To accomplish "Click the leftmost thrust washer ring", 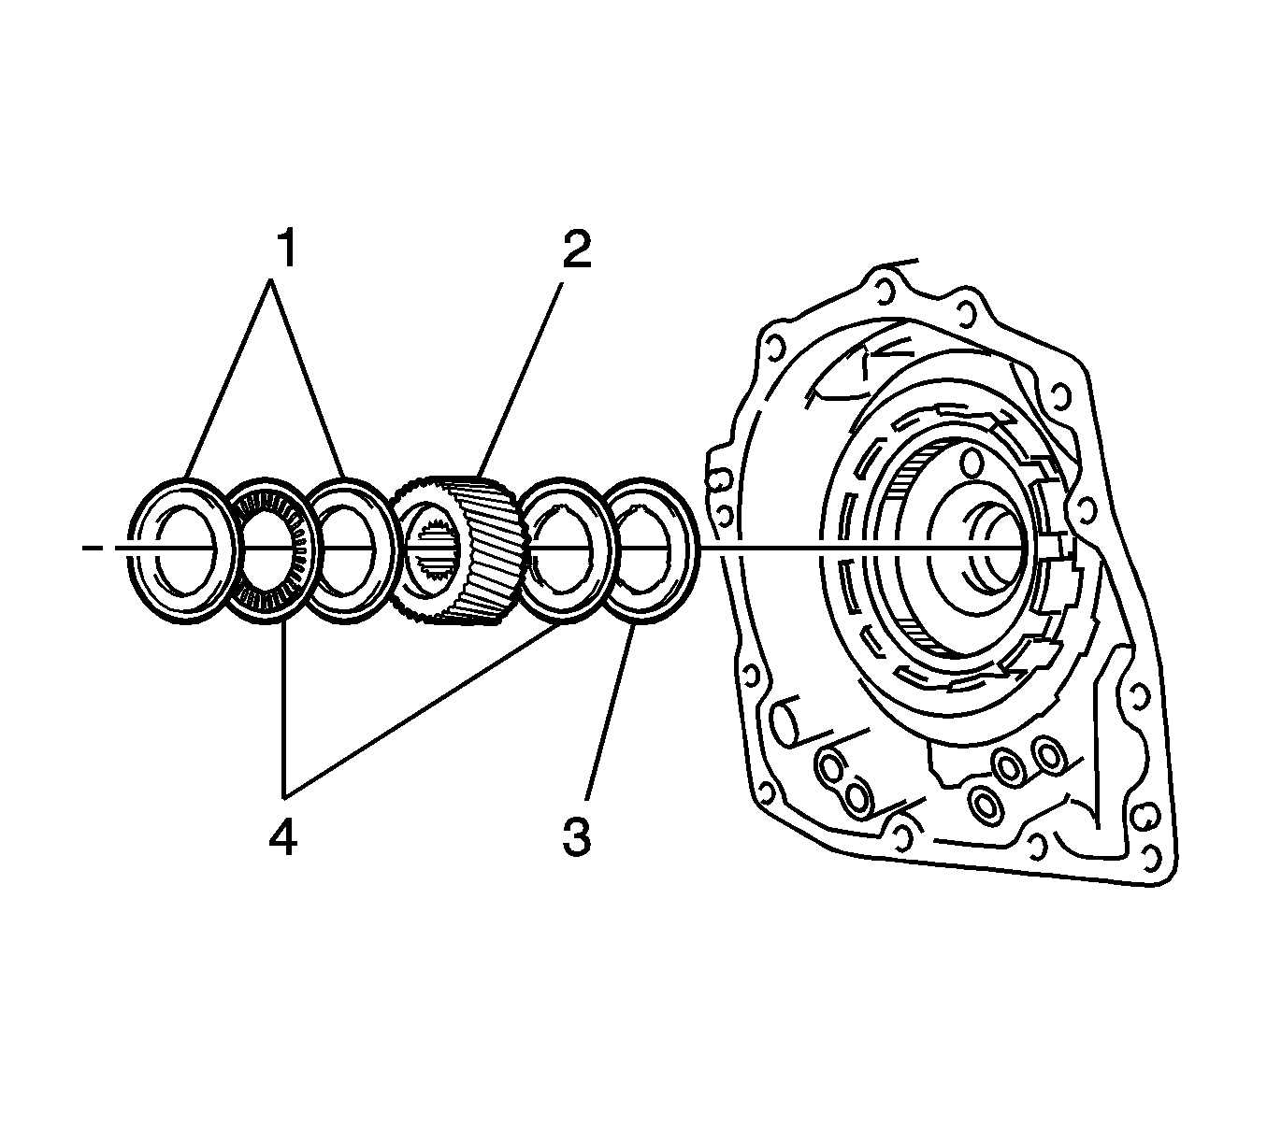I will point(137,551).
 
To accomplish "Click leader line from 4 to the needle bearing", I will point(282,710).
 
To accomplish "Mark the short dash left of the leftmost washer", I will point(92,548).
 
